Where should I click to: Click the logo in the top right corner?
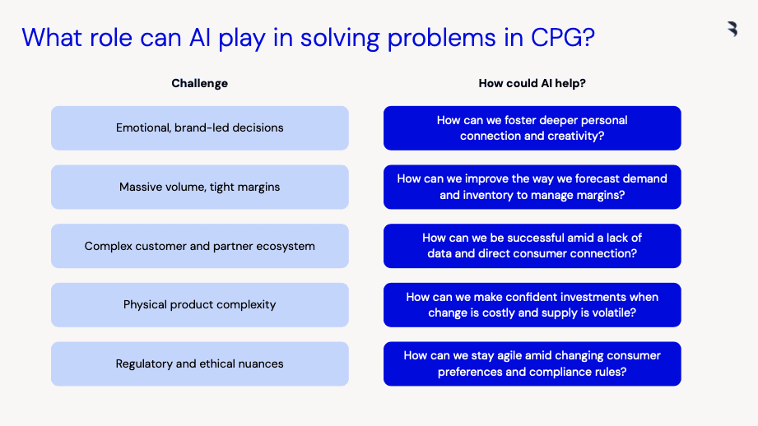pos(732,29)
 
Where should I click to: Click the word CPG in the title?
pos(563,37)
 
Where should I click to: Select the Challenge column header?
pos(200,84)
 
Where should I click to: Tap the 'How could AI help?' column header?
pos(532,84)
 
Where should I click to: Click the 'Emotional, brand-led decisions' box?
pos(200,128)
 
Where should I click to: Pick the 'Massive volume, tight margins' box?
pos(200,187)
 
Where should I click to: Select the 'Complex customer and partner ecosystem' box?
pos(200,246)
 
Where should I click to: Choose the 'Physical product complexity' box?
pos(200,305)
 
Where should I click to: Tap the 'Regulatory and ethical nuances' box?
pos(200,363)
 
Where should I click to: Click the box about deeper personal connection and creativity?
pos(532,128)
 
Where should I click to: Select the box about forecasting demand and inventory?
pos(532,187)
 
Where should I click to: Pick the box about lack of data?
pos(532,246)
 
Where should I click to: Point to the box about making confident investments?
pos(532,305)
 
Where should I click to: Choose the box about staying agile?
pos(532,363)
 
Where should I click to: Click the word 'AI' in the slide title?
pos(200,37)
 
